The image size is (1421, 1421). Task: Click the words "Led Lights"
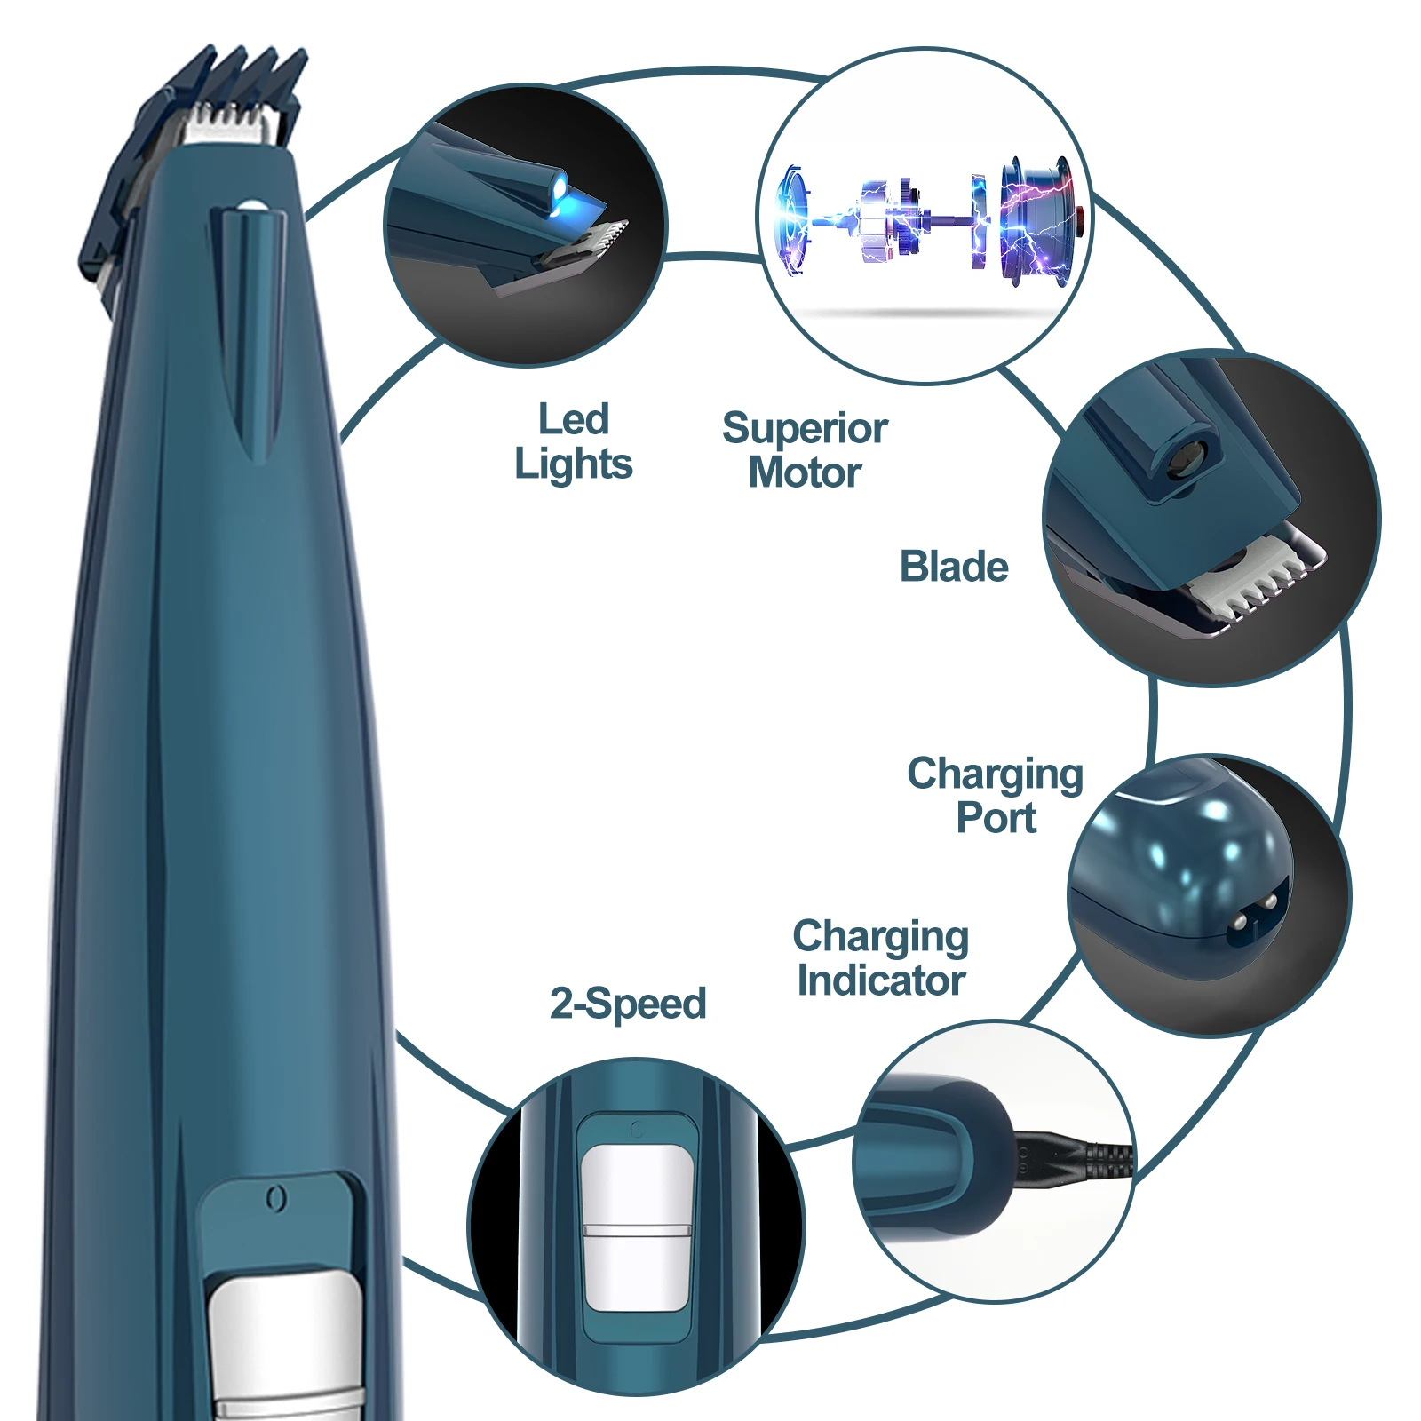pyautogui.click(x=574, y=441)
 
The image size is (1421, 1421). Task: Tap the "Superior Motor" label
pyautogui.click(x=805, y=450)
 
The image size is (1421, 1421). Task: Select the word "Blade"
pyautogui.click(x=954, y=567)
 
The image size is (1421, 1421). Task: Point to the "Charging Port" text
pyautogui.click(x=996, y=796)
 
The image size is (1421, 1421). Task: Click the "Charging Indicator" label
pyautogui.click(x=880, y=958)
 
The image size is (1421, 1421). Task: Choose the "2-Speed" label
pyautogui.click(x=628, y=1004)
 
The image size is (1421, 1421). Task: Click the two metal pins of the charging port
pyautogui.click(x=1252, y=915)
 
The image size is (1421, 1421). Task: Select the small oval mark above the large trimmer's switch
pyautogui.click(x=276, y=1199)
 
